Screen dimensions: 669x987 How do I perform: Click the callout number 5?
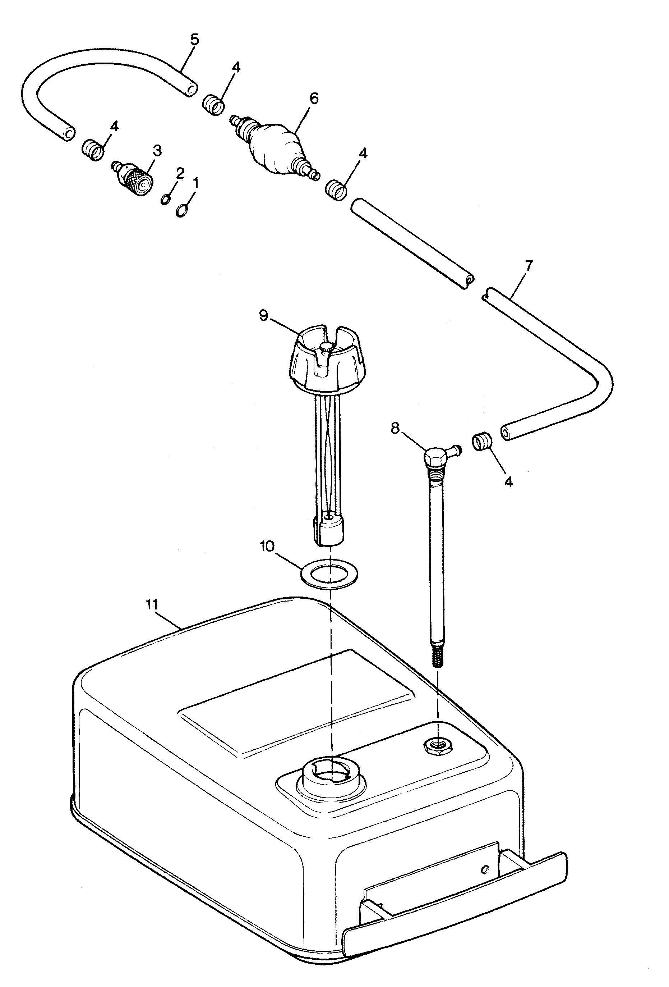[194, 40]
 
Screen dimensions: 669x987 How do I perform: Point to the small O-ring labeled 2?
[166, 199]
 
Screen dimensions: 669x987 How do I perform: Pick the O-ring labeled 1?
[182, 210]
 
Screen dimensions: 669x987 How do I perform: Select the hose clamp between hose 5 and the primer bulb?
[213, 104]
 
